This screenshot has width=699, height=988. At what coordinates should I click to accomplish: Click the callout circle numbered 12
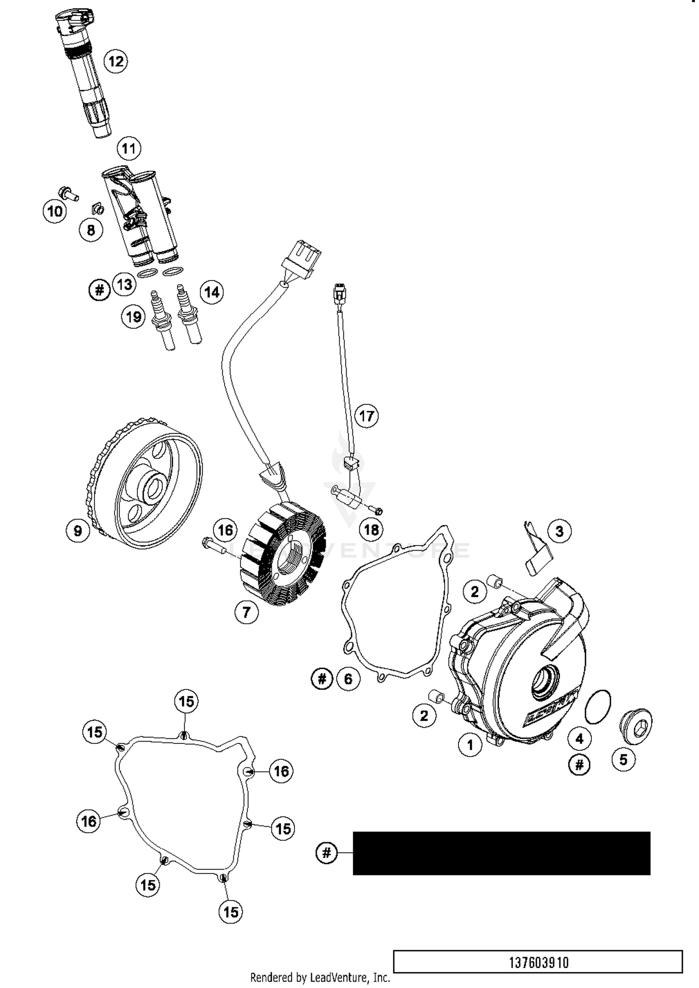[116, 61]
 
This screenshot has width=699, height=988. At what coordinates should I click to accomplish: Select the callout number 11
[129, 148]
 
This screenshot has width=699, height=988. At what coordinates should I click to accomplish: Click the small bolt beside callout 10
[68, 193]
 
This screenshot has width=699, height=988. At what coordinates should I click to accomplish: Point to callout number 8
[91, 230]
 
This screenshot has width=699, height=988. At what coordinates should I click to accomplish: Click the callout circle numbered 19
[134, 317]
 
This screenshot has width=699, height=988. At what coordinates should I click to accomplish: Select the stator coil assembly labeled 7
[284, 554]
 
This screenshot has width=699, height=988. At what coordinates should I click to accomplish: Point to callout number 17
[366, 416]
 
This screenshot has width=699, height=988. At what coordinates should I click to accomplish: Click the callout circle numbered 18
[371, 530]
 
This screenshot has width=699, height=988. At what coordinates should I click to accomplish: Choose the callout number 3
[559, 531]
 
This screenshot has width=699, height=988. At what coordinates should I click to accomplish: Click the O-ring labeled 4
[597, 707]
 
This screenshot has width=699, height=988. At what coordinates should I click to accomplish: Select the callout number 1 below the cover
[470, 745]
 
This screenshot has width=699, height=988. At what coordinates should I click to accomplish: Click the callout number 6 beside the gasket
[348, 679]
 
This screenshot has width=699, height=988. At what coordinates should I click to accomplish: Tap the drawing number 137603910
[538, 962]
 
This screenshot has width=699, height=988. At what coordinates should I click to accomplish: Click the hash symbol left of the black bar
[326, 853]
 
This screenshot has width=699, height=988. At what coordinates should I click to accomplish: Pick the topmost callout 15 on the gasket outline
[186, 701]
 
